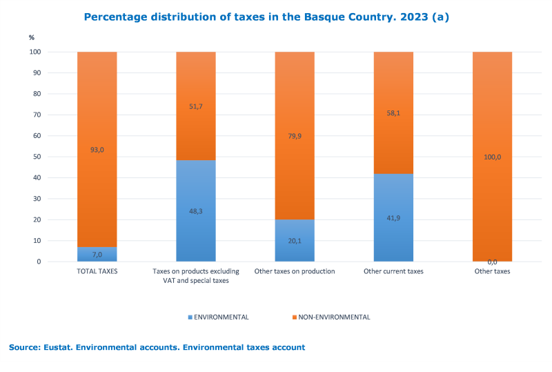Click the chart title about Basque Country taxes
[266, 17]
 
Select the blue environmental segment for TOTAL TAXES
[97, 254]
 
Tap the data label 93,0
[97, 150]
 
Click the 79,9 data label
[295, 136]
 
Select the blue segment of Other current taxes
[393, 217]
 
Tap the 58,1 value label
[393, 112]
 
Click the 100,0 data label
[492, 157]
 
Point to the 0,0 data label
[492, 262]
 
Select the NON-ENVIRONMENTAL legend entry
[331, 317]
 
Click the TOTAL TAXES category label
[97, 271]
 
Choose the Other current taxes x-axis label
[393, 271]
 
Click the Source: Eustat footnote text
[157, 347]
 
